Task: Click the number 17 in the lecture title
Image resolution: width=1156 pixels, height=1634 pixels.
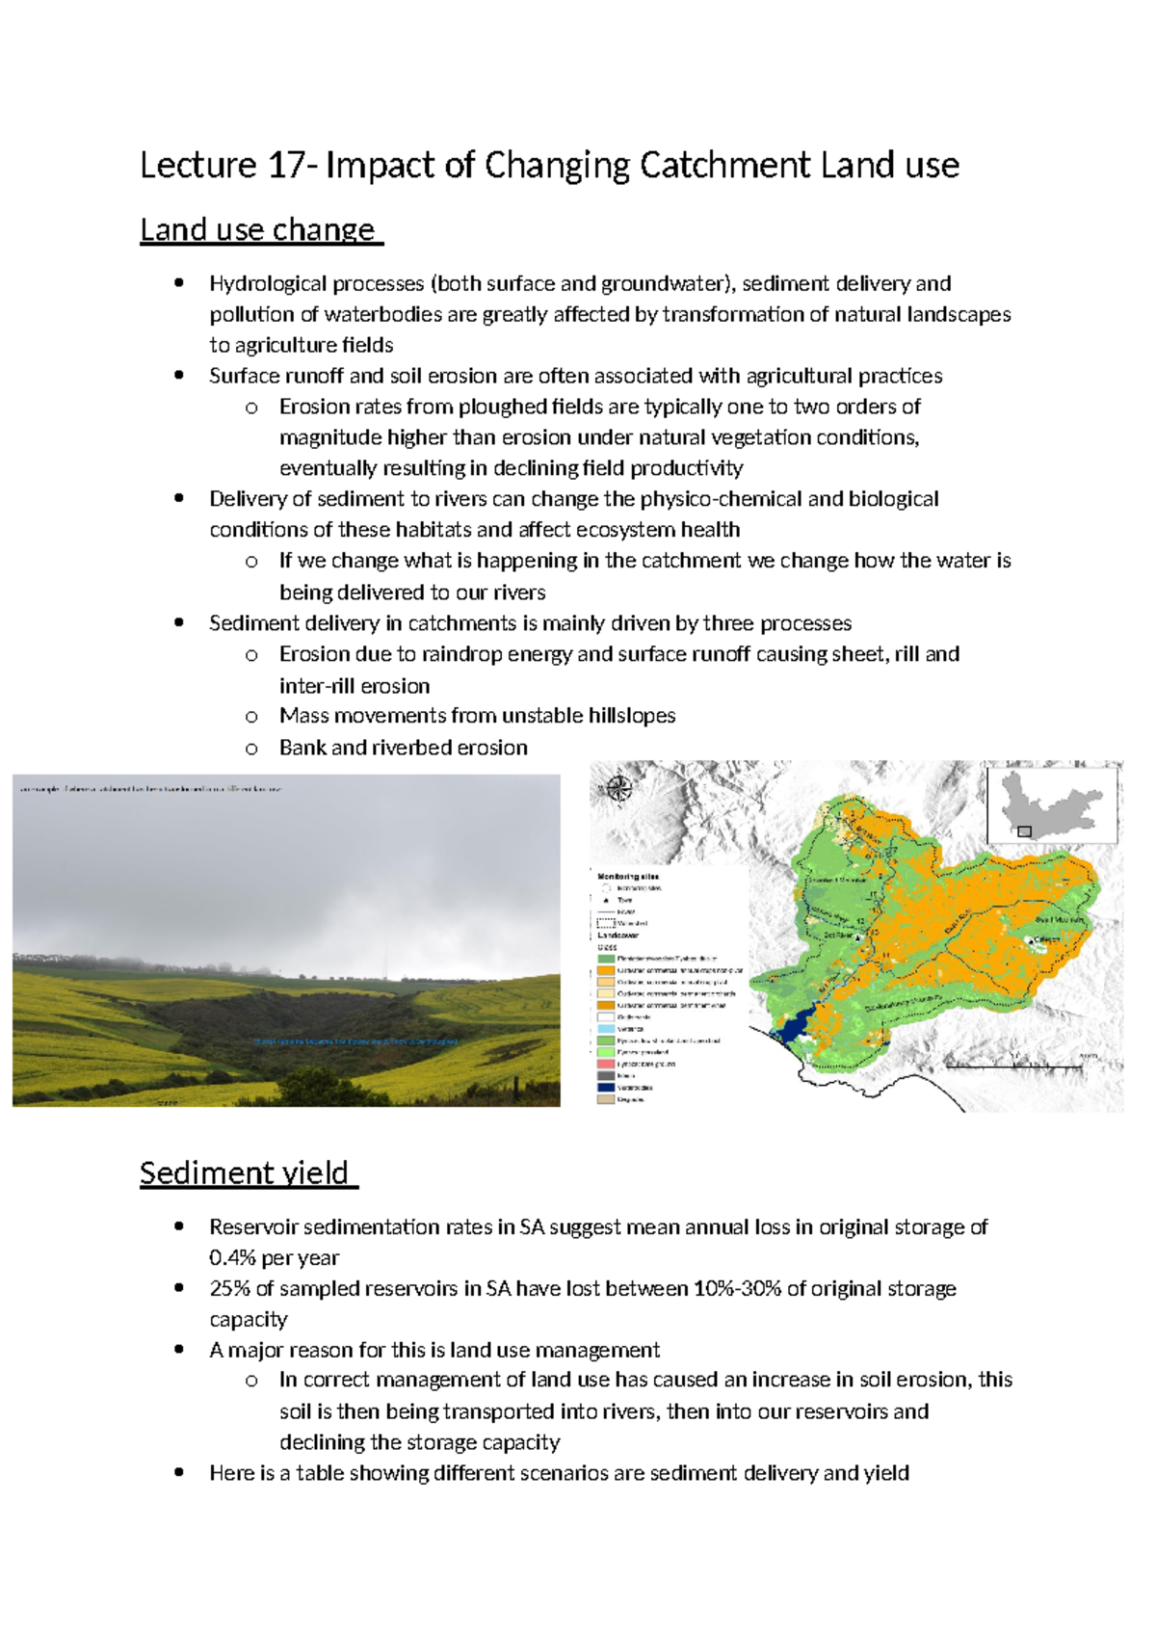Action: click(x=286, y=166)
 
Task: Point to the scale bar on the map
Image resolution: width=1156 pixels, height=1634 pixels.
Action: click(x=1012, y=1067)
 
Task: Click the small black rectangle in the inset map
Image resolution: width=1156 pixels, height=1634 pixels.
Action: click(x=1025, y=831)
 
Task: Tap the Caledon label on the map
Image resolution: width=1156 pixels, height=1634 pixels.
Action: click(x=1046, y=938)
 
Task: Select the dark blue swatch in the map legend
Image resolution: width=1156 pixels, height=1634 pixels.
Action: click(x=606, y=1088)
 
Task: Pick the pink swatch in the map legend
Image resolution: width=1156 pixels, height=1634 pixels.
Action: click(x=606, y=1064)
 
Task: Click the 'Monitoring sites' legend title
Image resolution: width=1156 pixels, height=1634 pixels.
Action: click(x=628, y=877)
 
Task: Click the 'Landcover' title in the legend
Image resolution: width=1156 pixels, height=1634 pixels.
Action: click(x=617, y=936)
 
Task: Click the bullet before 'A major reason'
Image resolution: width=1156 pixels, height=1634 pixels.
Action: click(x=179, y=1350)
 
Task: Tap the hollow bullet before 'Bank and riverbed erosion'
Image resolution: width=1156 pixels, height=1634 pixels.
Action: click(x=251, y=748)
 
